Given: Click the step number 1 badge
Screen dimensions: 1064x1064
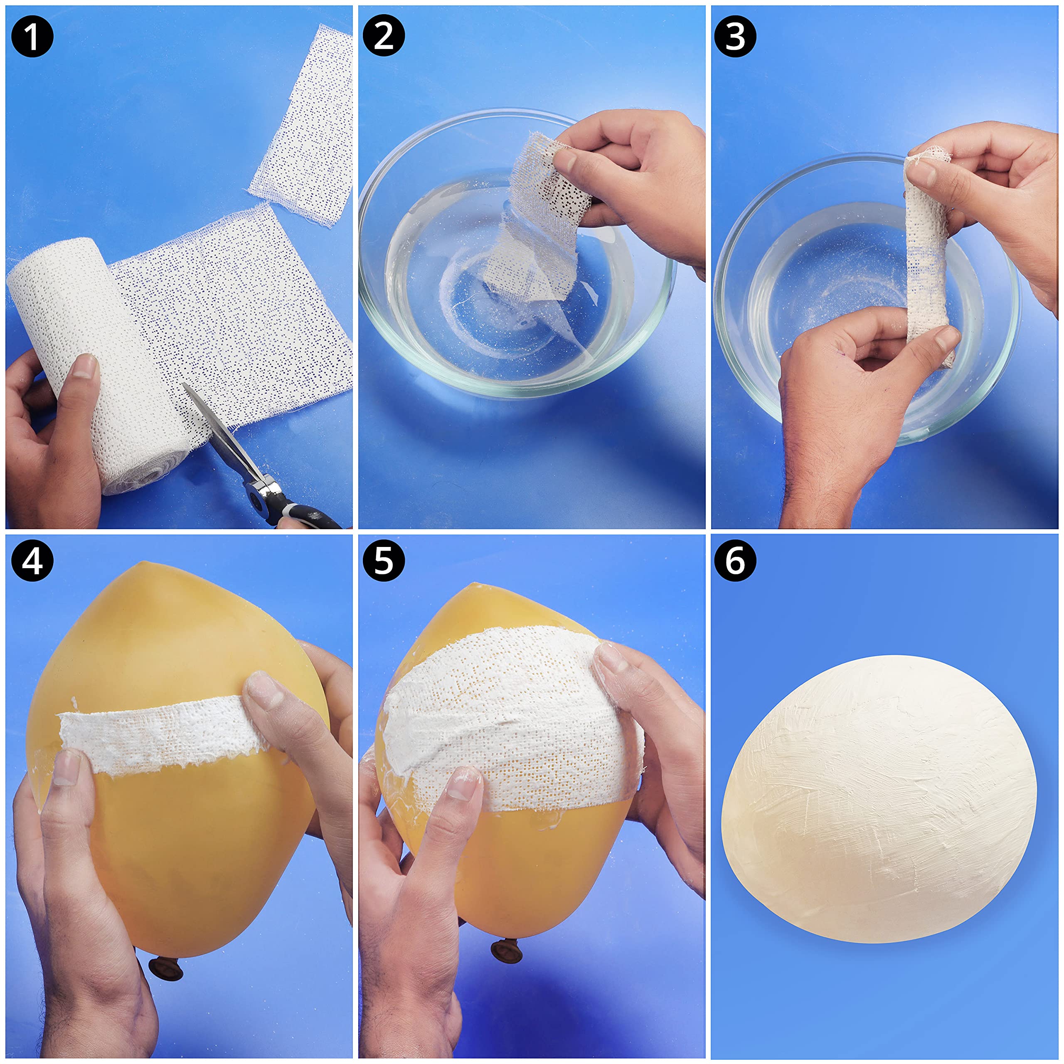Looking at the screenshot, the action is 32,36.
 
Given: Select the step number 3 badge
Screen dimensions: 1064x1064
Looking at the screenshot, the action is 735,36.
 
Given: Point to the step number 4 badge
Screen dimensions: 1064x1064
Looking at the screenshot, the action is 32,561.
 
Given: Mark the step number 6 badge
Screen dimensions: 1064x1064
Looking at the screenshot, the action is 735,561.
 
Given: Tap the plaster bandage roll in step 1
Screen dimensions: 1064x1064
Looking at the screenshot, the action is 99,364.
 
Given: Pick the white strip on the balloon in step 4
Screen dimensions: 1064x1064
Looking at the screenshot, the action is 163,732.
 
